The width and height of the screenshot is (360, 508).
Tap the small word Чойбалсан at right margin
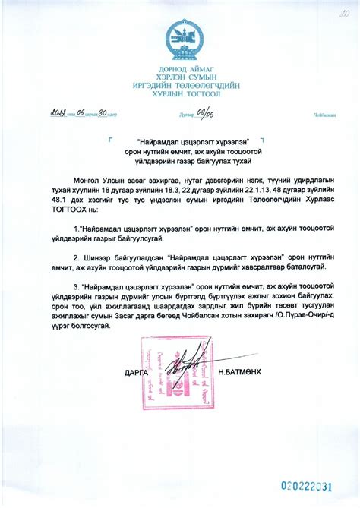324,116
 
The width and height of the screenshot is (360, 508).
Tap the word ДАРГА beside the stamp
136,372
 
